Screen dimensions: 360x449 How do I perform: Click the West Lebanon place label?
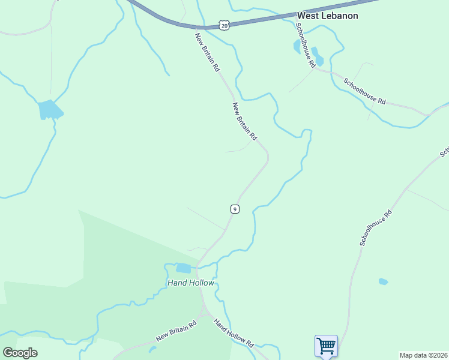click(x=328, y=16)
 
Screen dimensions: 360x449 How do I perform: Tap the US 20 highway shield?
click(x=223, y=25)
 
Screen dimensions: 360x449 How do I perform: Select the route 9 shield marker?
click(x=235, y=209)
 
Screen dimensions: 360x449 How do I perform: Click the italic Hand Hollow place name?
click(x=190, y=283)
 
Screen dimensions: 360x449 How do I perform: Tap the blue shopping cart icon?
click(x=326, y=346)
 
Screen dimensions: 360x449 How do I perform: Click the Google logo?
click(x=20, y=352)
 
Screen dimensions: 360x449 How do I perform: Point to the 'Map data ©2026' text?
click(x=423, y=355)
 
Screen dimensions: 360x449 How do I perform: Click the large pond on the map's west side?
click(x=50, y=110)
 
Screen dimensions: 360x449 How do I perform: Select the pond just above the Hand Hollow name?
click(x=184, y=268)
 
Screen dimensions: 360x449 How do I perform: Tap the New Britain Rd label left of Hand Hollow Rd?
click(x=176, y=331)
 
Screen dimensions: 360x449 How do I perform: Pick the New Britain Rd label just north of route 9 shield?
click(x=245, y=121)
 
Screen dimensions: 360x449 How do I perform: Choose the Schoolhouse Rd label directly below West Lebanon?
click(x=305, y=45)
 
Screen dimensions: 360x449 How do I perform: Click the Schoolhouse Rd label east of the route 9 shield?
click(x=376, y=227)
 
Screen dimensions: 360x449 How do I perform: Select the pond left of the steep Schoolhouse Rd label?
click(x=297, y=46)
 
